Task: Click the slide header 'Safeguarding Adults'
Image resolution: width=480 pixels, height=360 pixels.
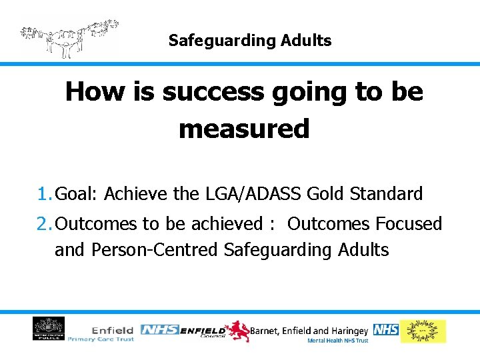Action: [249, 41]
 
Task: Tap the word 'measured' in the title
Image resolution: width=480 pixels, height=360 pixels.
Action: [244, 129]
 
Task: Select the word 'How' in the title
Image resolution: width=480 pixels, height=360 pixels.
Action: [91, 92]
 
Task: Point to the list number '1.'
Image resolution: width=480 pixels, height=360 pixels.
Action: [45, 194]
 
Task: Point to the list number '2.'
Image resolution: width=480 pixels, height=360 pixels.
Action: [45, 224]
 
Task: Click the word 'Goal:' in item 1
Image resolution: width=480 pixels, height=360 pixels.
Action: [77, 194]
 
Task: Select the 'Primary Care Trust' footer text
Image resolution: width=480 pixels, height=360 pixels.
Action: [101, 339]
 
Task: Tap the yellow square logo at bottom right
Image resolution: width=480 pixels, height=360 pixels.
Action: [423, 331]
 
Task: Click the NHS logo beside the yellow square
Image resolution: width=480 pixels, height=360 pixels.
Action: [385, 329]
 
